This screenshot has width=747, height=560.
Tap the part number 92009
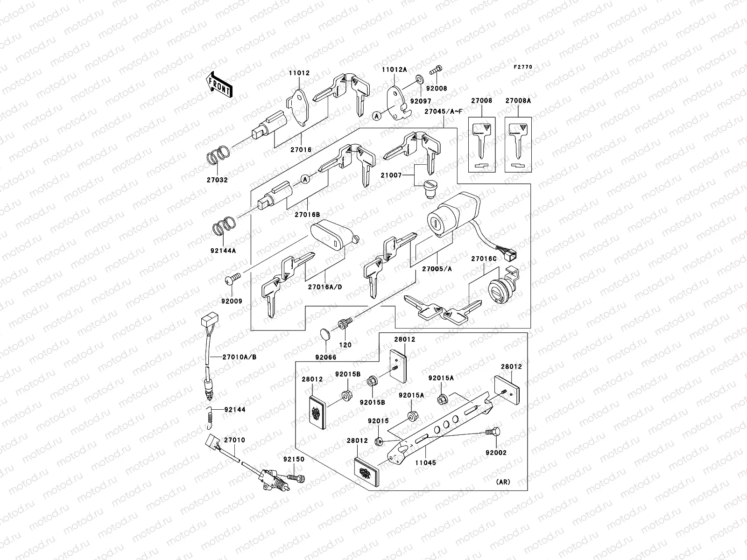[232, 301]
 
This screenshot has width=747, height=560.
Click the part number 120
[345, 345]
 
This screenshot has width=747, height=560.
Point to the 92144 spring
[210, 414]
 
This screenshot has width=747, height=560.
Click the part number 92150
[293, 459]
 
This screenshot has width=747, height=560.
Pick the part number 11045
[425, 462]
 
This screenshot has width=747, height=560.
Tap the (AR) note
[502, 482]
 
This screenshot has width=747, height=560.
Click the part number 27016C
[483, 258]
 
